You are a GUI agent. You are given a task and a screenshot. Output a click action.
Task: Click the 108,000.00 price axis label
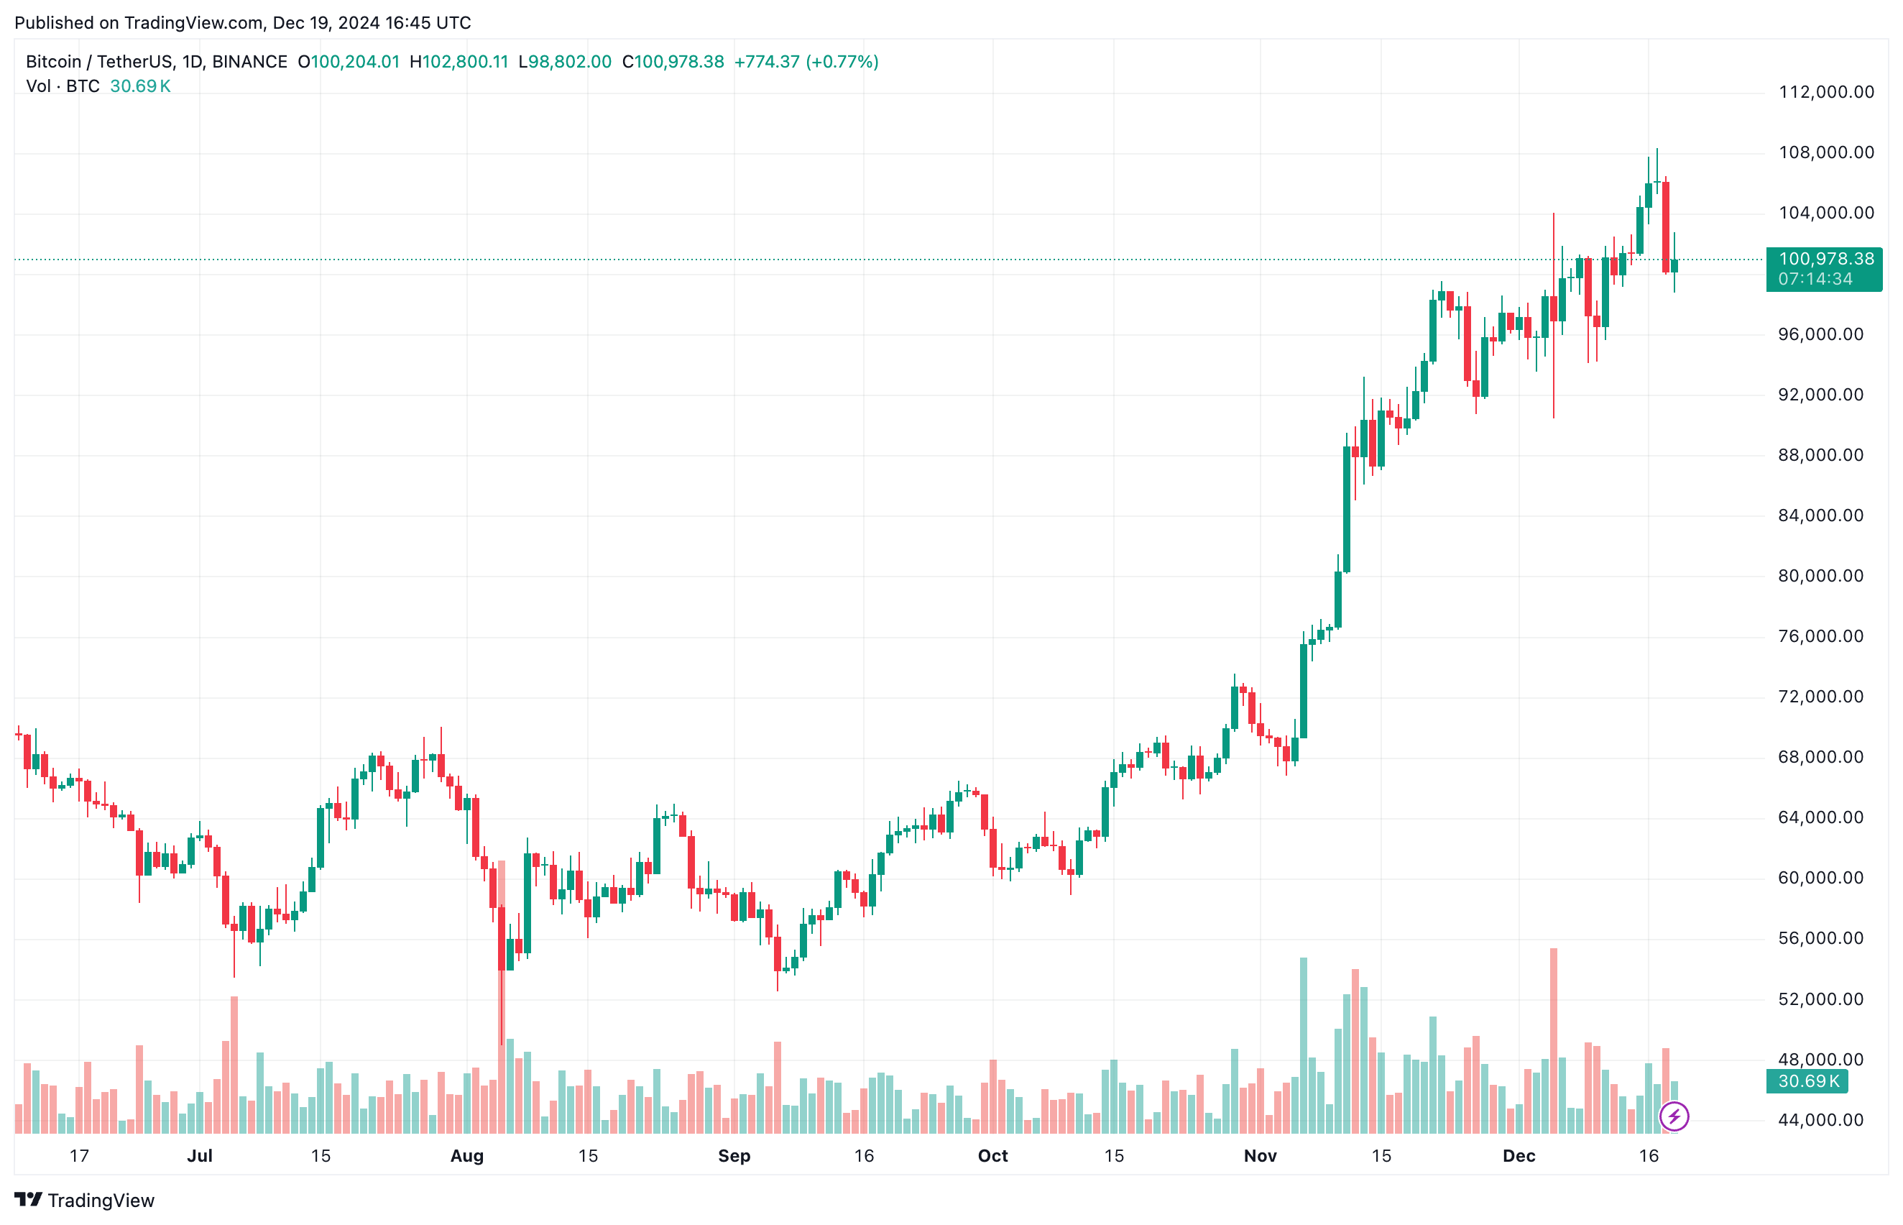[x=1825, y=152]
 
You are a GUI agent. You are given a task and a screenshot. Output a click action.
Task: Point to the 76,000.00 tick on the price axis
[x=1820, y=636]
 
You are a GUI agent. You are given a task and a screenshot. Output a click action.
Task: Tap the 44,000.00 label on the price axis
[x=1820, y=1120]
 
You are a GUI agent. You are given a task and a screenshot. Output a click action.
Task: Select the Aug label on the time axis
[x=467, y=1156]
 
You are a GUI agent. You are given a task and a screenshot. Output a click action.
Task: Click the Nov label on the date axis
[x=1260, y=1156]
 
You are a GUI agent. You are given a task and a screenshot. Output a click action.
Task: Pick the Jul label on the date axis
[x=200, y=1156]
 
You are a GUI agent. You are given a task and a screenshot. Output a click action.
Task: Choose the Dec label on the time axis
[x=1518, y=1156]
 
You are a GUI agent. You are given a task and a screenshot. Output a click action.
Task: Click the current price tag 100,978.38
[x=1825, y=260]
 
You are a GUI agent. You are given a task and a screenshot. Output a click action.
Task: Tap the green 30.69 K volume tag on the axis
[x=1807, y=1081]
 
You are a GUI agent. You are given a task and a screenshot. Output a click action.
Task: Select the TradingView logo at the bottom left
[x=84, y=1200]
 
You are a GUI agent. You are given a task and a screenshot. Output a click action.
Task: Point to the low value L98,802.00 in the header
[x=565, y=62]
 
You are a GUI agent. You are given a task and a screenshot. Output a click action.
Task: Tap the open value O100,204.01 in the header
[x=349, y=62]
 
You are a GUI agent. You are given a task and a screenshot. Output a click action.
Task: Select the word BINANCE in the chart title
[x=249, y=62]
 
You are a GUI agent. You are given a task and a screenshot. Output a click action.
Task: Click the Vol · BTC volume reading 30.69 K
[x=140, y=86]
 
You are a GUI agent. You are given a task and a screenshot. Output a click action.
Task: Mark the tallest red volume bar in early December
[x=1553, y=1034]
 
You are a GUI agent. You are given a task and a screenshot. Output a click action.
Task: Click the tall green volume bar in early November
[x=1304, y=1042]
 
